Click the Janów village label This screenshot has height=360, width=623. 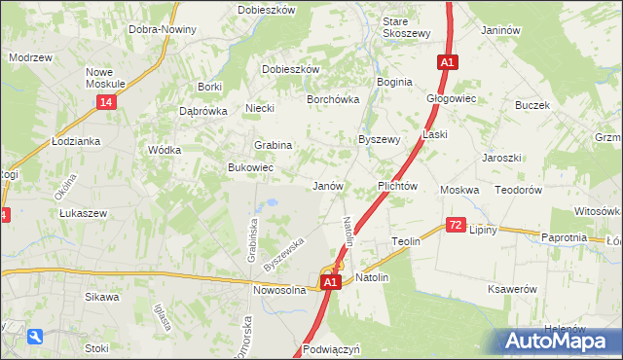(x=327, y=185)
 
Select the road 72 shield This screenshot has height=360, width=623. (x=456, y=225)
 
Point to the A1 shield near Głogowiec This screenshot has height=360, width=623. (x=446, y=62)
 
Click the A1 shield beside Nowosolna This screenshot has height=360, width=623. (x=331, y=282)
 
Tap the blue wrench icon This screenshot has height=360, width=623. (x=35, y=337)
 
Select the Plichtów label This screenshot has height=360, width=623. (x=397, y=185)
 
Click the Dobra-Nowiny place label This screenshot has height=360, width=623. (x=163, y=29)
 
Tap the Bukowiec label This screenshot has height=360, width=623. (x=250, y=168)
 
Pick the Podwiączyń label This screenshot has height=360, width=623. (x=332, y=348)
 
